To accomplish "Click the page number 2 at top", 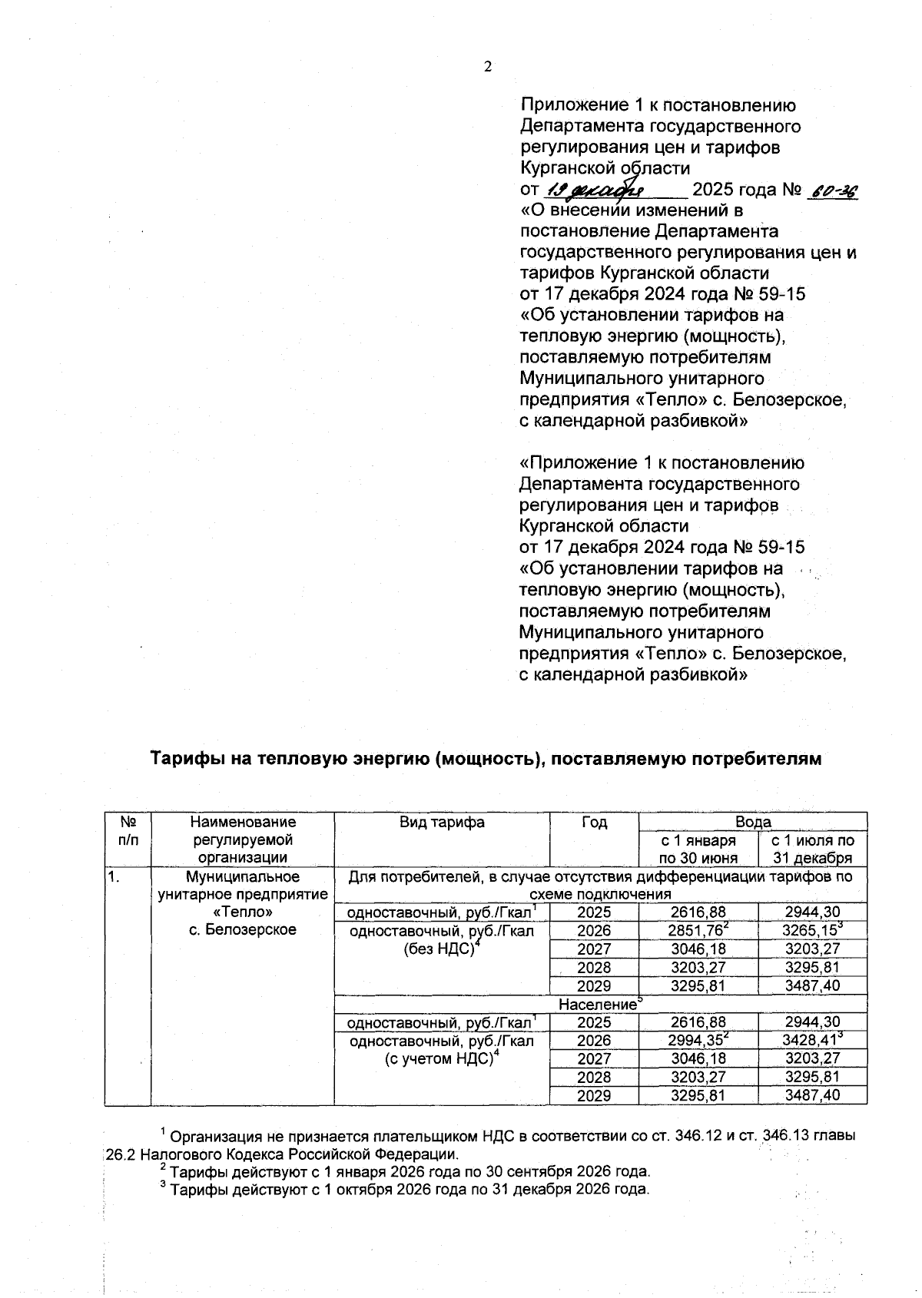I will [487, 67].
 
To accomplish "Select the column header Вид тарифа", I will [442, 822].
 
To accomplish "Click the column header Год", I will [594, 822].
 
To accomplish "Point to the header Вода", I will [752, 822].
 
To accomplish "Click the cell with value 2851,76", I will [698, 931].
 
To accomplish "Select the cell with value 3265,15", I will [812, 931].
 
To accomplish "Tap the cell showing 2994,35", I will [698, 1041].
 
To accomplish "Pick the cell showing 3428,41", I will [812, 1041].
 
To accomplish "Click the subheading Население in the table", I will [599, 1005].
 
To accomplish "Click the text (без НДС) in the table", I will [441, 949].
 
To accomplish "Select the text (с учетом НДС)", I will [441, 1060].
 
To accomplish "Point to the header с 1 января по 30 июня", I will [698, 849].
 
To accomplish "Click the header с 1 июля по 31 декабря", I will [812, 849].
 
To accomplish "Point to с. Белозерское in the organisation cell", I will [242, 930].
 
